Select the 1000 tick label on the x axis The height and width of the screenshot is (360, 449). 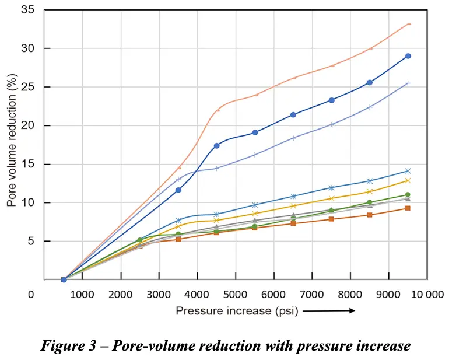click(x=82, y=294)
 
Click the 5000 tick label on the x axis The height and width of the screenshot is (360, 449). click(x=236, y=294)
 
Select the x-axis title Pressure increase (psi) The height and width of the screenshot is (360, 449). click(x=237, y=311)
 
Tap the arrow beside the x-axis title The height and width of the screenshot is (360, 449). click(x=329, y=311)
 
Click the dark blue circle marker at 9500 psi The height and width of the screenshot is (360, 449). click(x=408, y=56)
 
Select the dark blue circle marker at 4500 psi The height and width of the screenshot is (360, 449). click(x=217, y=145)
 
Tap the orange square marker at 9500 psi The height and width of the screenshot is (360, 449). click(x=408, y=208)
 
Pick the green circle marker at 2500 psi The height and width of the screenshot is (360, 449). click(x=140, y=240)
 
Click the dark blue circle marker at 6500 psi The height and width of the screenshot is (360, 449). click(x=293, y=114)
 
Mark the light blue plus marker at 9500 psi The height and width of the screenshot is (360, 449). click(x=408, y=83)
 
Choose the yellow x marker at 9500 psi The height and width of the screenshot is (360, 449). click(x=408, y=180)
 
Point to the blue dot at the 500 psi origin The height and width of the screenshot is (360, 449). click(x=64, y=279)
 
